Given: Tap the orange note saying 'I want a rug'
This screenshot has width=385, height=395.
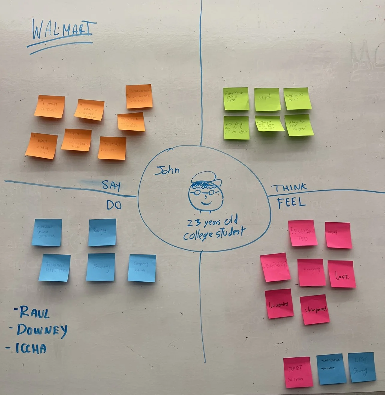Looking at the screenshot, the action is click(x=49, y=107).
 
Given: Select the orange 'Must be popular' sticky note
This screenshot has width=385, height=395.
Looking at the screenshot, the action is click(x=112, y=148).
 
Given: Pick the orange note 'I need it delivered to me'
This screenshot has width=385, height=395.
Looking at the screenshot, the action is click(x=76, y=140).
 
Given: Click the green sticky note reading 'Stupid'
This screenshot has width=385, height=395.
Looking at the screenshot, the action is click(x=267, y=99).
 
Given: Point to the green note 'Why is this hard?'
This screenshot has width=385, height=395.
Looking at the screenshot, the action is click(x=296, y=99).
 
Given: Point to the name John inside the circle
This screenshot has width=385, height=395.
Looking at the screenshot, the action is click(x=167, y=170).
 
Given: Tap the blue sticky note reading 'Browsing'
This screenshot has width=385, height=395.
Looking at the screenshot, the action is click(x=101, y=267).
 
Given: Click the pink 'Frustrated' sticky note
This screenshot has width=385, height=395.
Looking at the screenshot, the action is click(x=303, y=233).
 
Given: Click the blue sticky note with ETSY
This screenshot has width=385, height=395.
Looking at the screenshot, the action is click(x=362, y=367).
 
